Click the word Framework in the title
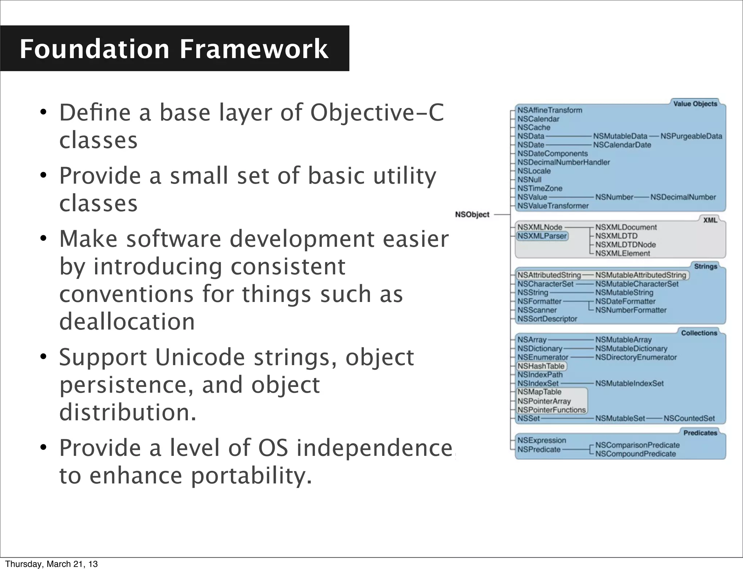[x=254, y=49]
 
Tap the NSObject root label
[x=472, y=214]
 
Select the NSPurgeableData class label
[x=691, y=136]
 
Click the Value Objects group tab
[x=695, y=104]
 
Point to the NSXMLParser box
[x=542, y=236]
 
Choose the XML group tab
[x=710, y=220]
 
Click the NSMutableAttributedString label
[x=641, y=275]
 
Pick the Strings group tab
[x=705, y=266]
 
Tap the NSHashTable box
[x=541, y=366]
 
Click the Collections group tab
[x=699, y=333]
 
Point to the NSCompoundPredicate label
[x=635, y=454]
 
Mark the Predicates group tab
[x=700, y=433]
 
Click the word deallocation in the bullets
[x=127, y=322]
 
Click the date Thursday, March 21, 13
[x=52, y=564]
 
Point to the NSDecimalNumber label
[x=683, y=197]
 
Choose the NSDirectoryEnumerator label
[x=636, y=357]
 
